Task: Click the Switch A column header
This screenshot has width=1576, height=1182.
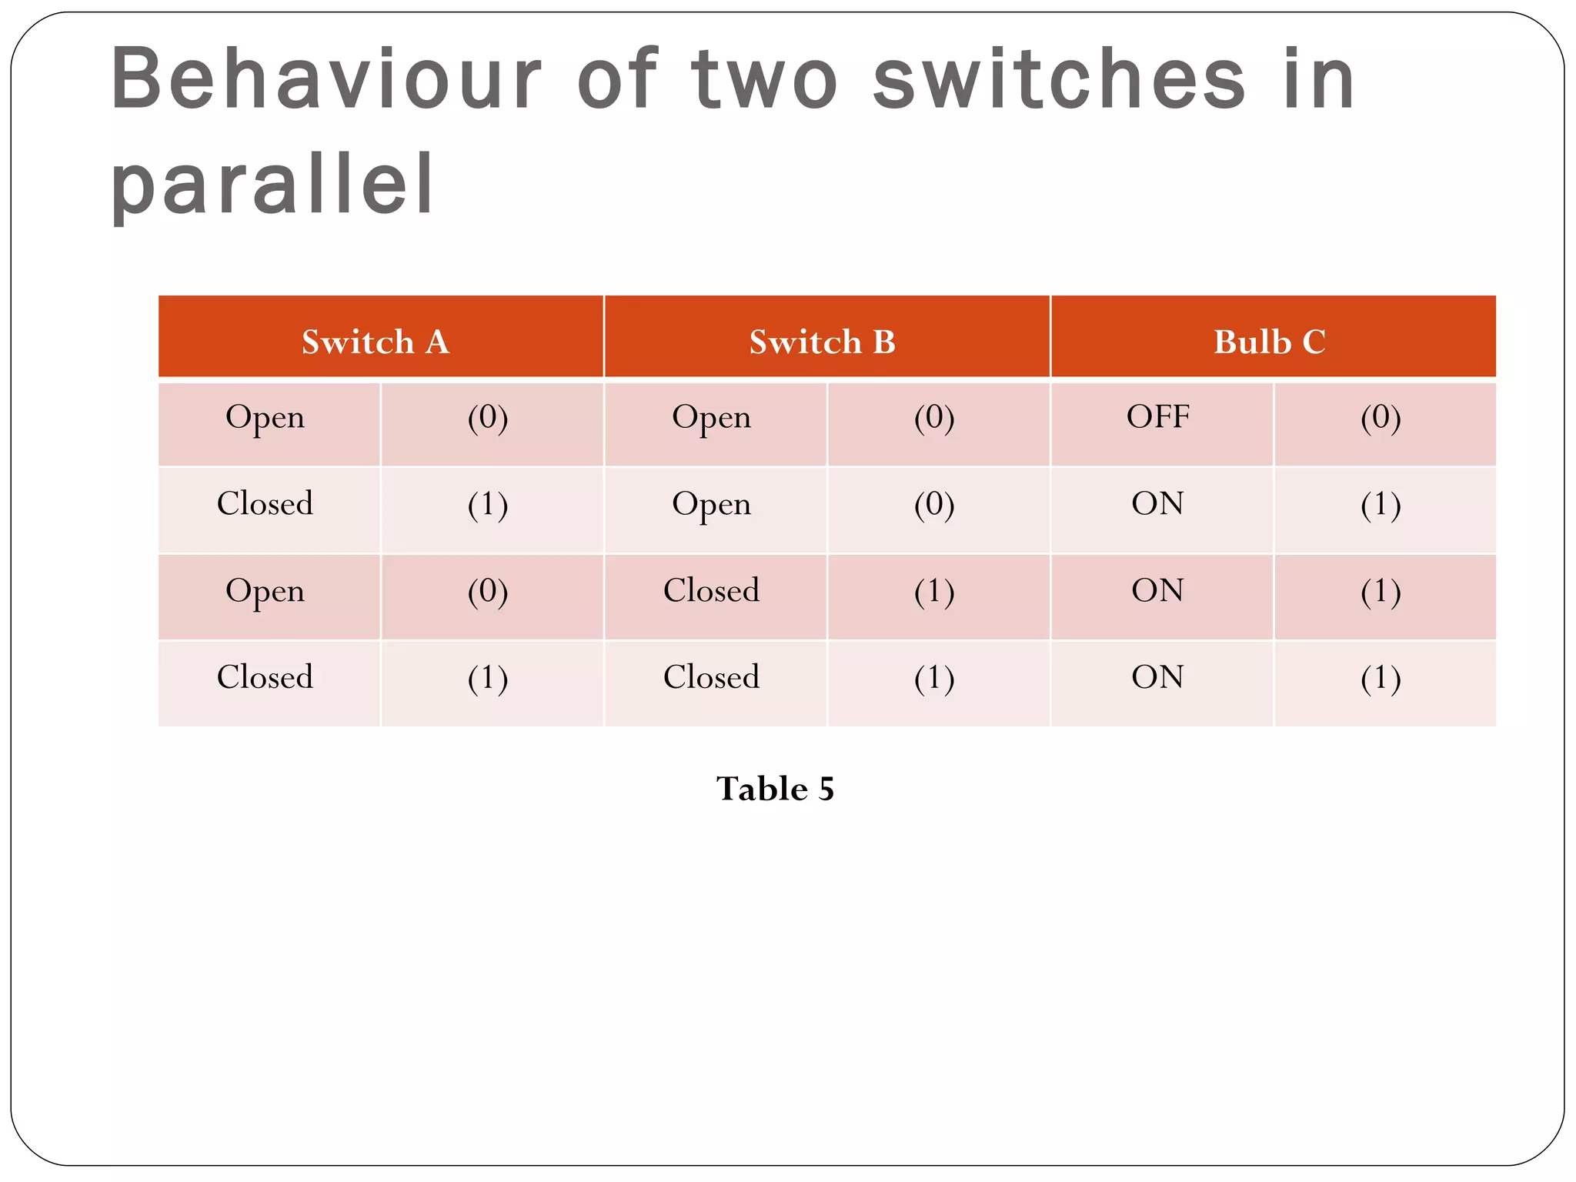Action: [376, 342]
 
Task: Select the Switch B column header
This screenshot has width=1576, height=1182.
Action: [823, 342]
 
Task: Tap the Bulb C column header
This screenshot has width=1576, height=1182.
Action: [1270, 342]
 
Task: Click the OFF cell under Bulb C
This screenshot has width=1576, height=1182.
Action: [1158, 417]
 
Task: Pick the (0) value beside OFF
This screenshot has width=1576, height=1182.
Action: [1381, 417]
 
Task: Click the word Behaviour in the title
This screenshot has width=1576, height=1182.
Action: [326, 79]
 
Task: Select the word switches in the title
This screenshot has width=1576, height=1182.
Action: [1059, 79]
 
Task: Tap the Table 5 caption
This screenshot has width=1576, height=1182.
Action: [775, 789]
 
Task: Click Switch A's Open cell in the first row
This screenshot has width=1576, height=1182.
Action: [265, 417]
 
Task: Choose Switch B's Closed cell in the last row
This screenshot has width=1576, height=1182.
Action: [711, 677]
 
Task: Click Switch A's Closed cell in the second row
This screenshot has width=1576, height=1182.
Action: [265, 504]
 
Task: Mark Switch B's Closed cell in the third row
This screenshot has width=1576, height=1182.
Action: [711, 591]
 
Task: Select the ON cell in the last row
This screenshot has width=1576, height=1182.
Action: [1158, 677]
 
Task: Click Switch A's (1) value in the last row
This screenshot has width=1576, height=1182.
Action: [488, 677]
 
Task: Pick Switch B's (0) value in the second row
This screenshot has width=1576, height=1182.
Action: [934, 504]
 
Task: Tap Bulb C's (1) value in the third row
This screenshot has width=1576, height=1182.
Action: [1381, 591]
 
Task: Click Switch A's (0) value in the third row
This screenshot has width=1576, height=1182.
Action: [488, 591]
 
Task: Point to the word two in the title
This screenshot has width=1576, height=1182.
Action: [764, 79]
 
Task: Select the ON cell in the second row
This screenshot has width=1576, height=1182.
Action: [1158, 504]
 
